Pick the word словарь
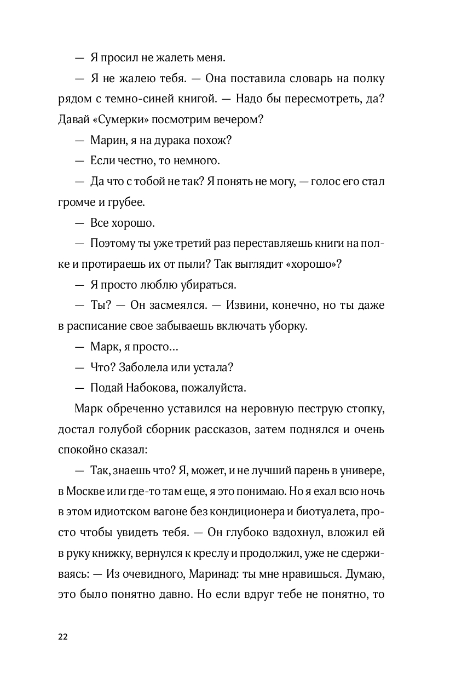pos(309,78)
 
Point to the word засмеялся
pos(174,305)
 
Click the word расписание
pos(98,326)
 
